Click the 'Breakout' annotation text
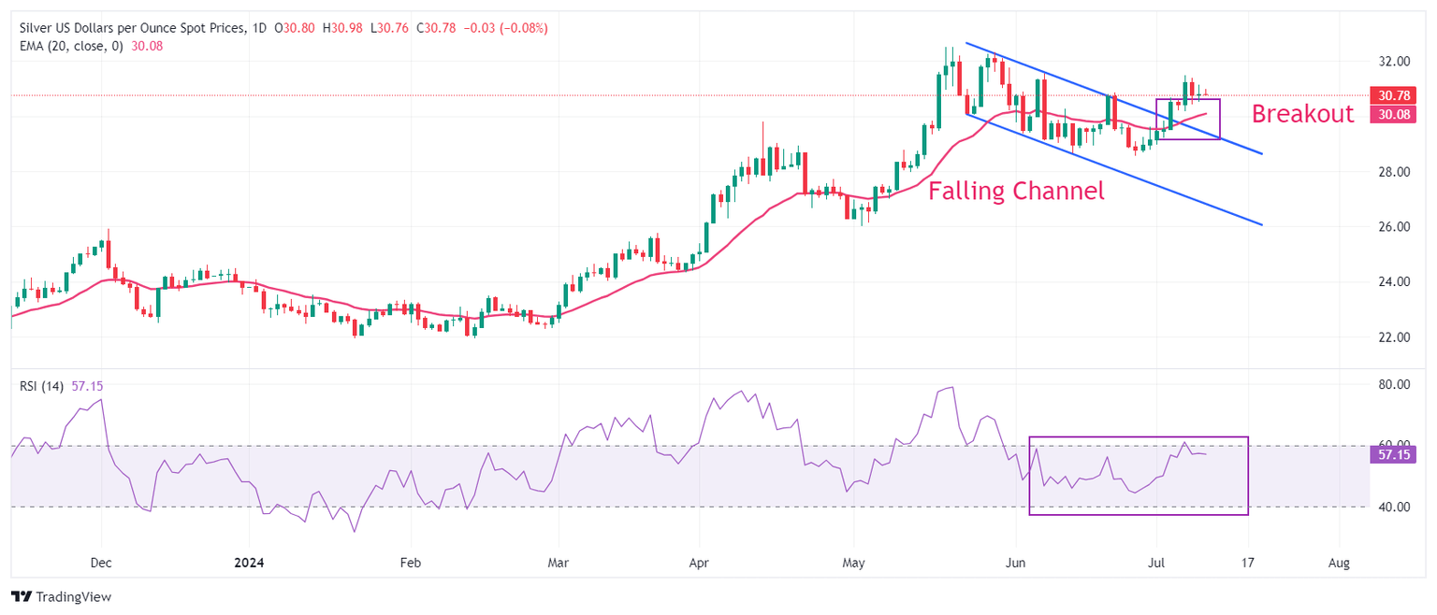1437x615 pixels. (x=1302, y=114)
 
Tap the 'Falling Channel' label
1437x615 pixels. (x=1016, y=192)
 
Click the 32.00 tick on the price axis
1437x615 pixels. (x=1393, y=62)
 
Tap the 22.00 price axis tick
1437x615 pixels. (x=1393, y=336)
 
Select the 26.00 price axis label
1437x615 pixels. (x=1393, y=227)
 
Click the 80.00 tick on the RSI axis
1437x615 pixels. (x=1393, y=384)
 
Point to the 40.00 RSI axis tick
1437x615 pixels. (x=1393, y=507)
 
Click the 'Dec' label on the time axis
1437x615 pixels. (x=101, y=563)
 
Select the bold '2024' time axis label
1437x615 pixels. (x=250, y=563)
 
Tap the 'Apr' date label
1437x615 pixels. (x=698, y=563)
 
